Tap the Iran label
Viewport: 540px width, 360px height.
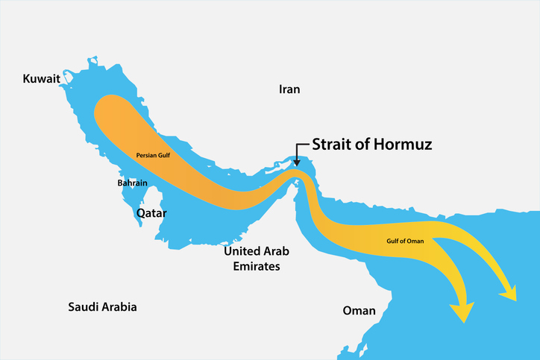[x=289, y=89]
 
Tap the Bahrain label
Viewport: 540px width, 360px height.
[x=132, y=183]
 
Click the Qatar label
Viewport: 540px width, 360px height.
[x=151, y=212]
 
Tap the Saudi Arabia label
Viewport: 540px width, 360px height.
[x=102, y=307]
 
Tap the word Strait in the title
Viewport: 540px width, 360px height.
[x=330, y=145]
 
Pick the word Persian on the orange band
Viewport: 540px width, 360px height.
[x=145, y=156]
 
